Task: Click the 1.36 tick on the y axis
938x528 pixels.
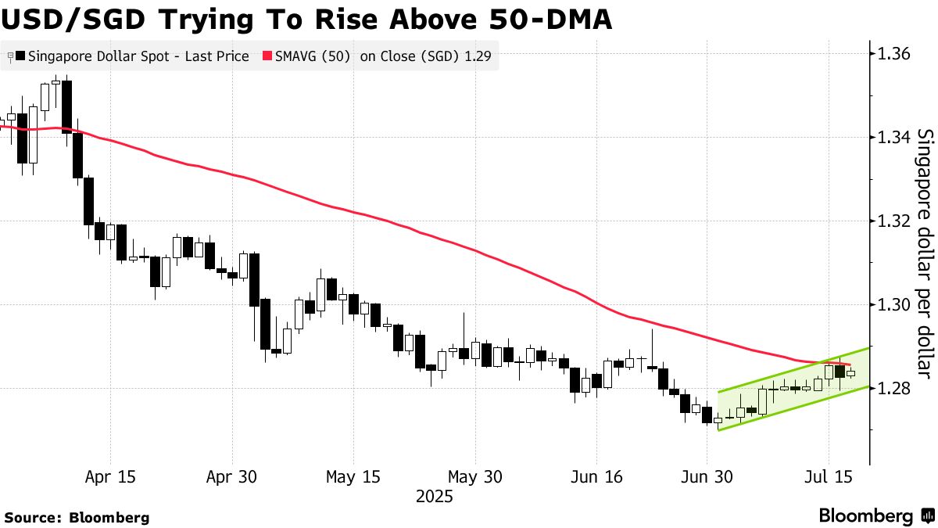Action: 893,54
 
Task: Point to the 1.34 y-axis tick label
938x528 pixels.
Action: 893,138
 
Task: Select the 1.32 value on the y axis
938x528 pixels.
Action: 893,221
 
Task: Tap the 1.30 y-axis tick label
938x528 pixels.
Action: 893,305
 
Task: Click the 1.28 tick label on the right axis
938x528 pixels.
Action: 893,389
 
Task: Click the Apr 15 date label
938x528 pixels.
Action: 109,476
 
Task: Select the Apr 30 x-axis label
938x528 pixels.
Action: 231,476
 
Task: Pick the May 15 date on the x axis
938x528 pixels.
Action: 353,476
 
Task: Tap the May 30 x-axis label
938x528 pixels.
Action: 474,476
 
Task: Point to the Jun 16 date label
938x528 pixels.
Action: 596,476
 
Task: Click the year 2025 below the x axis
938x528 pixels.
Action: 434,496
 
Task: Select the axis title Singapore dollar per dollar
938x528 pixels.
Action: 924,250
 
